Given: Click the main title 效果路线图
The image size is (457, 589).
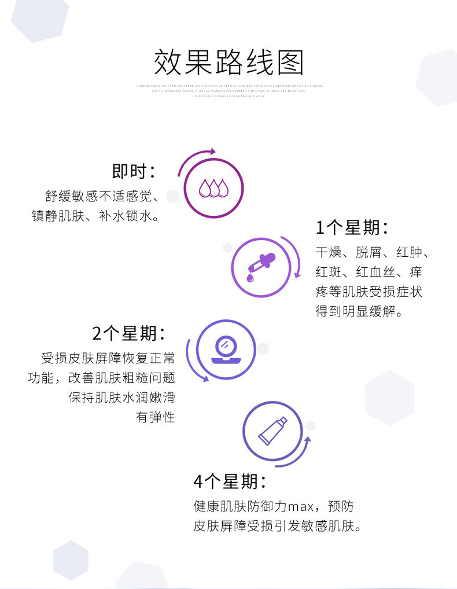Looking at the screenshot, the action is pyautogui.click(x=228, y=63).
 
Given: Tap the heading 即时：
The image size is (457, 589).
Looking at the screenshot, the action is pyautogui.click(x=134, y=171).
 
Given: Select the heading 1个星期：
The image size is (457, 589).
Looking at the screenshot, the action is pyautogui.click(x=351, y=227).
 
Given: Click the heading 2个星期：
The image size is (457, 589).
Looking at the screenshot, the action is pyautogui.click(x=128, y=333).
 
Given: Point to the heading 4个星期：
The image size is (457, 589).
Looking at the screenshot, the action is pyautogui.click(x=230, y=481).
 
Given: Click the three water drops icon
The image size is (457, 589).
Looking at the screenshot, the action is pyautogui.click(x=213, y=188).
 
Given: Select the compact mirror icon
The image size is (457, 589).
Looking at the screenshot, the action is pyautogui.click(x=226, y=350).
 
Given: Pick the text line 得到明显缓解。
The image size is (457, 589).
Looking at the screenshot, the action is pyautogui.click(x=359, y=311).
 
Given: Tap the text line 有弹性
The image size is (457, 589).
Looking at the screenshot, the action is pyautogui.click(x=155, y=417).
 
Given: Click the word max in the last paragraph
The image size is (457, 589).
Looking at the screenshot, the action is pyautogui.click(x=301, y=507).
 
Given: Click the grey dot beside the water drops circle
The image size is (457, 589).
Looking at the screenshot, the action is pyautogui.click(x=172, y=197).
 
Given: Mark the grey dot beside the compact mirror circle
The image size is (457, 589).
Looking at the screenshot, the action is pyautogui.click(x=263, y=348).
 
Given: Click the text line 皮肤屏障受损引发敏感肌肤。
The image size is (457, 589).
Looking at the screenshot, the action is pyautogui.click(x=278, y=527).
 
